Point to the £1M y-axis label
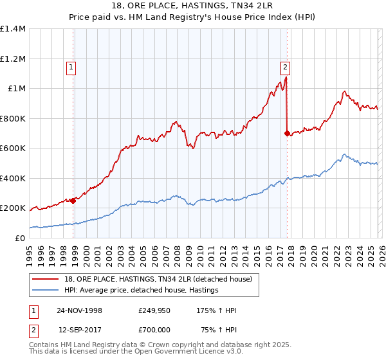click(x=16, y=89)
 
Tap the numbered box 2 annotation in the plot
click(x=284, y=66)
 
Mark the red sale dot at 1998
click(x=73, y=201)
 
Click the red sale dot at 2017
click(x=287, y=133)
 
